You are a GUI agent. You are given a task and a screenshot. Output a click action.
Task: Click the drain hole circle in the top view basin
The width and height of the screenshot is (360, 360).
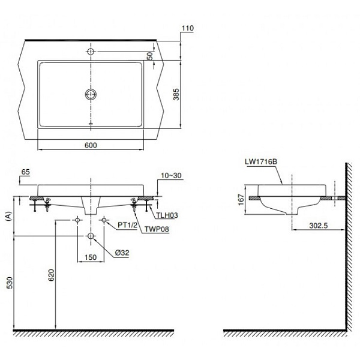click(91, 94)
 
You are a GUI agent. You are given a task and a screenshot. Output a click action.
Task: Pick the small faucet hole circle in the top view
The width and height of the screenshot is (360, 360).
click(91, 52)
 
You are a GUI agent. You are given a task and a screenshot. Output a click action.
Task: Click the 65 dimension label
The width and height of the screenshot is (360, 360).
click(25, 172)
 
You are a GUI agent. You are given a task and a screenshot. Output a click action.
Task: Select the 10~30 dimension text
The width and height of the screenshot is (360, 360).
click(170, 175)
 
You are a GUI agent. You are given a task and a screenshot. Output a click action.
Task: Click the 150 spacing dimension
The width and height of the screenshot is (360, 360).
click(90, 257)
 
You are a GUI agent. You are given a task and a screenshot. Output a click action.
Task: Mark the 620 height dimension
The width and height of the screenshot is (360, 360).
click(51, 275)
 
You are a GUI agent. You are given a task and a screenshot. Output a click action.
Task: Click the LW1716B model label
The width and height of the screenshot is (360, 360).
click(259, 161)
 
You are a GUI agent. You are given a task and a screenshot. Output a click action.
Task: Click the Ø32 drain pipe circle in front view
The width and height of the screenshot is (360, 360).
click(91, 237)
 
